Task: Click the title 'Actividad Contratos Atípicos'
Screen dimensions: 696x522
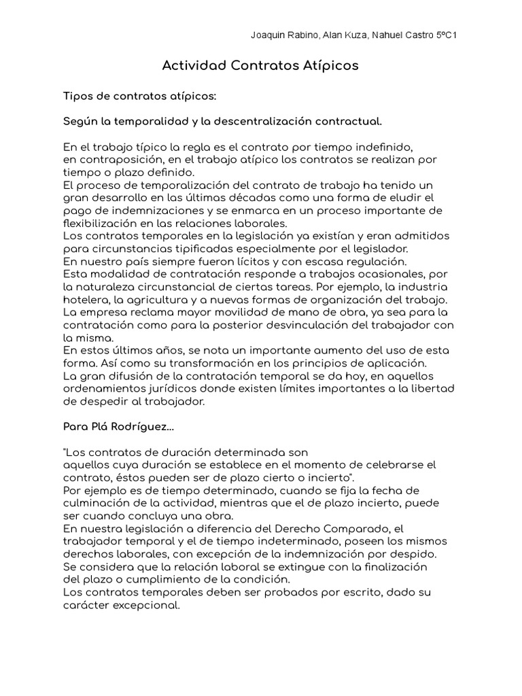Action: pos(260,66)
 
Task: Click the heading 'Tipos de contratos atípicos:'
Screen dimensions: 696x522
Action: pos(139,96)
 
